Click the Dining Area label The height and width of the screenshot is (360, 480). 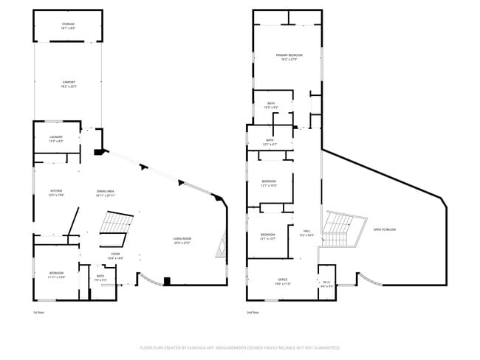point(105,193)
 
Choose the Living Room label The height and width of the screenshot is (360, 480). point(182,240)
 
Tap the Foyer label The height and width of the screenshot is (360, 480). point(115,257)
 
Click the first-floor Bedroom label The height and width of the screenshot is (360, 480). point(57,275)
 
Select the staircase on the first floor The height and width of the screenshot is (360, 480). point(116,228)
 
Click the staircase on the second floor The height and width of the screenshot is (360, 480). point(340,229)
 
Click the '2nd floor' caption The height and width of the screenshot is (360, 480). point(253,313)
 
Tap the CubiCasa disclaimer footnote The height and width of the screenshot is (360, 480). point(239,347)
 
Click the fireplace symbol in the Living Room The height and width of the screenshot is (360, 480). point(219,243)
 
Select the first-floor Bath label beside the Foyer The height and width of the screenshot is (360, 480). point(100,279)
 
